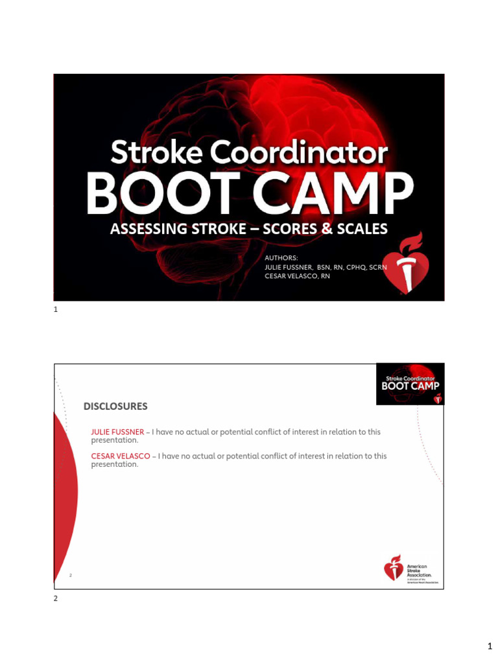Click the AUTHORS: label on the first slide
(281, 258)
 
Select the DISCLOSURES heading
(115, 407)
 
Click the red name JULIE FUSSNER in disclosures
(117, 432)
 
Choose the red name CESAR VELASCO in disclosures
(121, 456)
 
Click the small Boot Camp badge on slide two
(410, 385)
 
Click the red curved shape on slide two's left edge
(65, 493)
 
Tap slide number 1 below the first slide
(56, 310)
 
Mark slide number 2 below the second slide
(56, 599)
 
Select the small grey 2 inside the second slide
(71, 575)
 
